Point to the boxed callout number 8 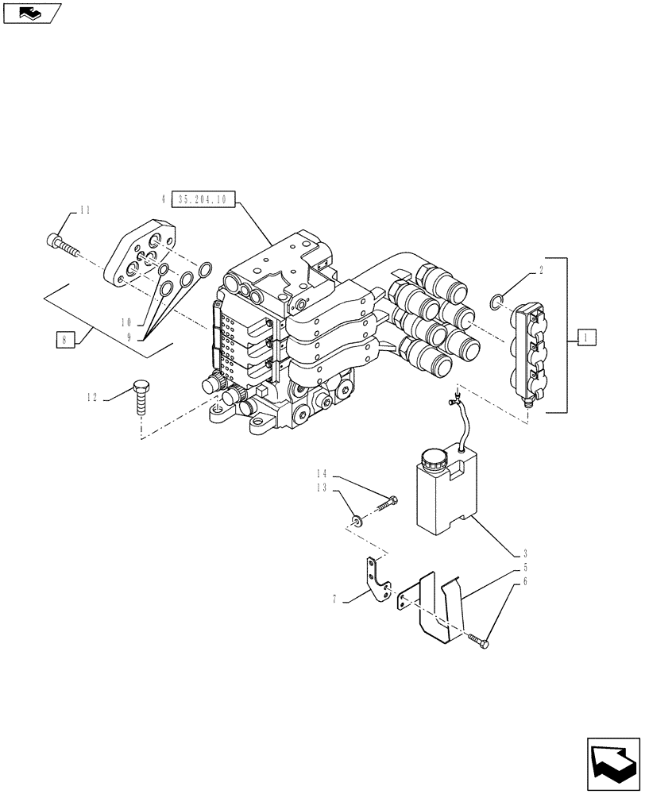(64, 341)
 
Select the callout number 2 (541, 270)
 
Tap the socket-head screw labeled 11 (64, 244)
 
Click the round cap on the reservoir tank (434, 458)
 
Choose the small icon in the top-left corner (31, 12)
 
